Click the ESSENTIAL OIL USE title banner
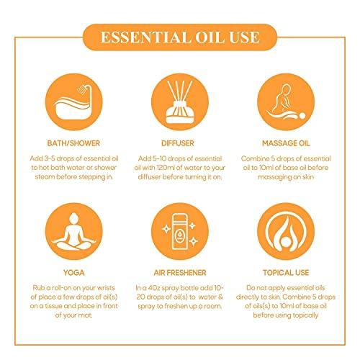click(x=179, y=37)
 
